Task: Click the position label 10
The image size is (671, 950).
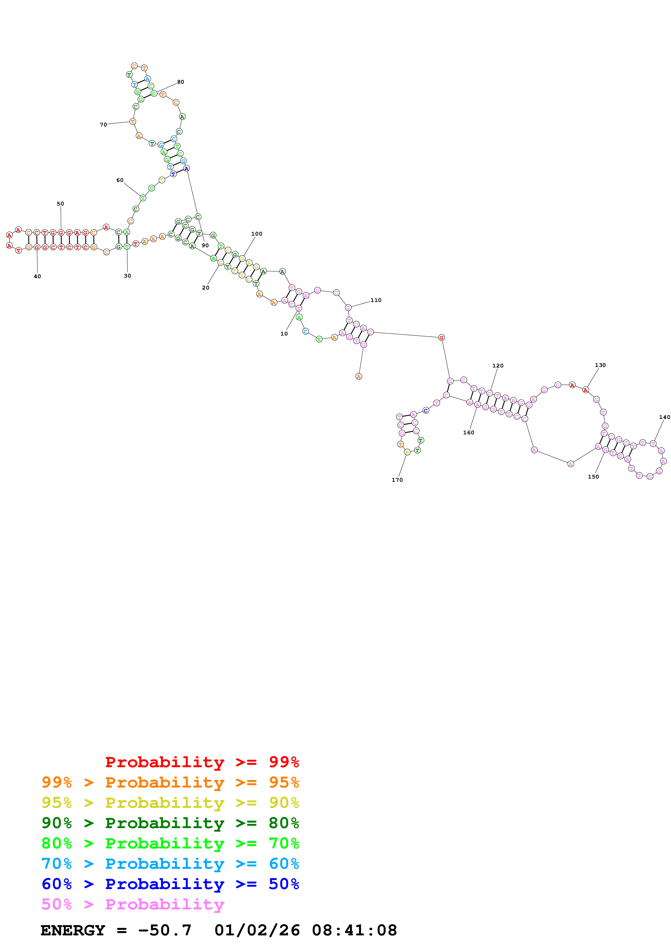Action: (284, 333)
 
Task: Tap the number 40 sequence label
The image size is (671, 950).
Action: (37, 276)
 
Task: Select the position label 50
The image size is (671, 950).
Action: (60, 204)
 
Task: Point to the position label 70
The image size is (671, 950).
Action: (103, 125)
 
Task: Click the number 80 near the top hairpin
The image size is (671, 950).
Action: (181, 82)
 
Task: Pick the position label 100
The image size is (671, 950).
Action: (257, 234)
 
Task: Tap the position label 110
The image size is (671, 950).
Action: (376, 300)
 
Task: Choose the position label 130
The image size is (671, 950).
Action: (600, 365)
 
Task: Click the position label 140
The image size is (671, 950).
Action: (665, 417)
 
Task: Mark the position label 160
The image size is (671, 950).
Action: (469, 432)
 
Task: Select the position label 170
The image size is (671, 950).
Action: (397, 480)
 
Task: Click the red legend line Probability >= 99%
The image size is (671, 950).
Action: (202, 762)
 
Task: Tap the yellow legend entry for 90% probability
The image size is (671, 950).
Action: (170, 803)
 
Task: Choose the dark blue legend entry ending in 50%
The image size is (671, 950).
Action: (170, 884)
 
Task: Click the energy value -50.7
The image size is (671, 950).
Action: (165, 930)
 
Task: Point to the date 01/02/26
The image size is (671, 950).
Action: (257, 930)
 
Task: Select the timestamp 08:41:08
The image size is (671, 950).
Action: (354, 930)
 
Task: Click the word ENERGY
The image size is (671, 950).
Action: (73, 930)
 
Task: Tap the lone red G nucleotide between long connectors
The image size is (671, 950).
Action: (441, 338)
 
